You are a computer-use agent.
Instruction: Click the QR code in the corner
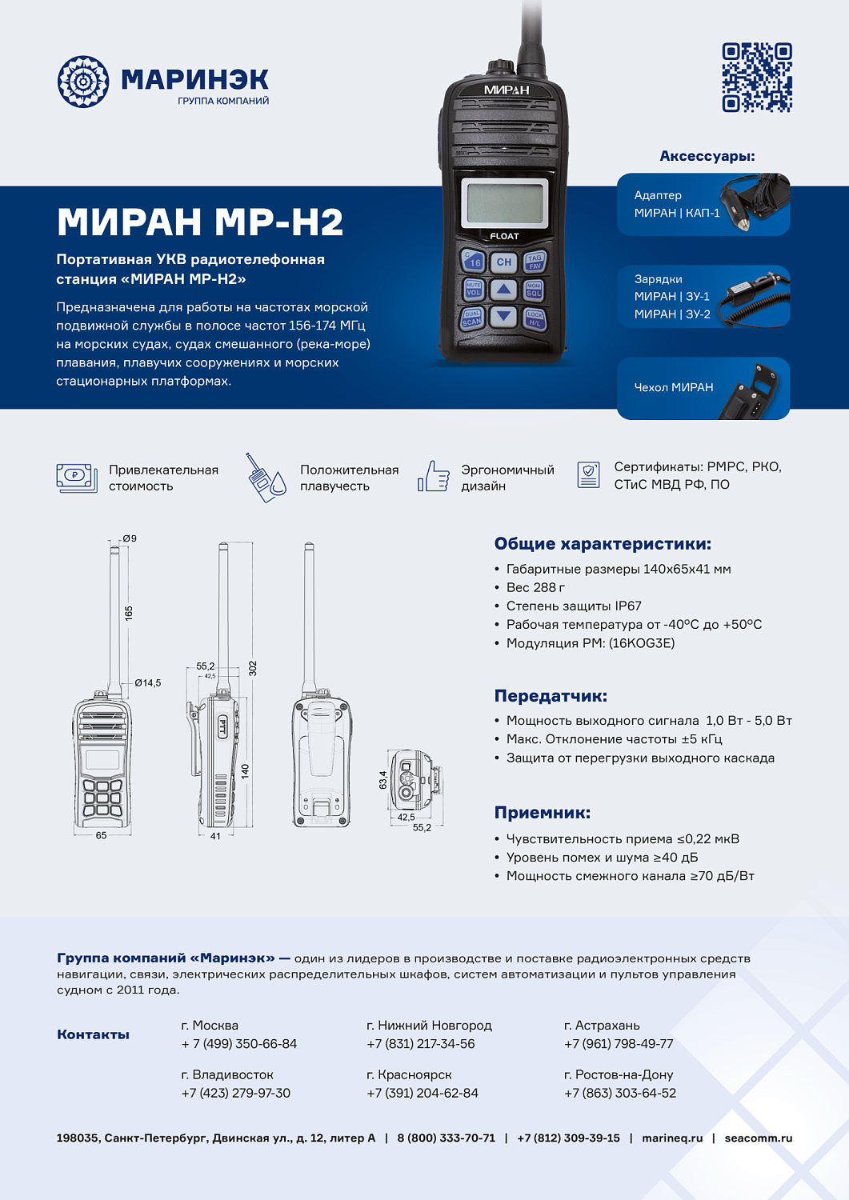756,78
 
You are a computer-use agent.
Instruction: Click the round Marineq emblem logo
82,82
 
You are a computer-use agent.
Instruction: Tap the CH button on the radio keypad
503,262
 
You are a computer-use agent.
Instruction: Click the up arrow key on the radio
503,289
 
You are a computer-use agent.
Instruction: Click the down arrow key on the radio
503,316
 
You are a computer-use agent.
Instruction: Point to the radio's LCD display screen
506,202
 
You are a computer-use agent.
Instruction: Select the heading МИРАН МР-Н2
200,222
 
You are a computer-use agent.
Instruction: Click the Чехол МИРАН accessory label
673,387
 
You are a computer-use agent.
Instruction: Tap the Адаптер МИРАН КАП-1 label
676,204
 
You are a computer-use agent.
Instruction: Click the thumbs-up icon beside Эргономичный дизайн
434,476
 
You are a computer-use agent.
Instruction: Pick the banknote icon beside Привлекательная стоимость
77,478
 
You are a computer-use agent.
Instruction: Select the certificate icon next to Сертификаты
588,474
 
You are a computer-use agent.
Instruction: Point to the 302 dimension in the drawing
253,668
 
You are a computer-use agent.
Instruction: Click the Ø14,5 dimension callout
147,683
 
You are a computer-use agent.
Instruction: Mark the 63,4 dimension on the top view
382,780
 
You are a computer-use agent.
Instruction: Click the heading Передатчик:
551,696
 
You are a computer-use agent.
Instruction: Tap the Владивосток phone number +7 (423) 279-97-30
236,1093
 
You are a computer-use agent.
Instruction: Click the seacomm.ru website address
758,1138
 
